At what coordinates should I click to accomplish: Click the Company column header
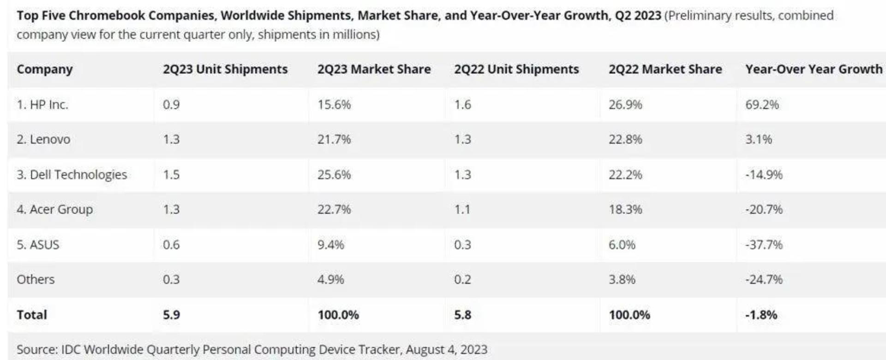[45, 69]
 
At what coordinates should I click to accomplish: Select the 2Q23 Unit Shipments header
[225, 69]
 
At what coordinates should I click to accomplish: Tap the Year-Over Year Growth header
[814, 69]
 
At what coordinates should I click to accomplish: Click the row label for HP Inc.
[42, 105]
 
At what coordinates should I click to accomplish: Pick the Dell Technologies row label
[72, 175]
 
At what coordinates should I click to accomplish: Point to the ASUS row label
[38, 245]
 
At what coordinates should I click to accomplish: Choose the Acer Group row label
[55, 210]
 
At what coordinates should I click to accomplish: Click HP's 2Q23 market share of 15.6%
[334, 105]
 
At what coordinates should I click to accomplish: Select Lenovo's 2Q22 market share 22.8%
[625, 139]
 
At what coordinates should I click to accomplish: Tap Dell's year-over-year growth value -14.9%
[764, 175]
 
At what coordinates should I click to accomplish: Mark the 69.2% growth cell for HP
[762, 105]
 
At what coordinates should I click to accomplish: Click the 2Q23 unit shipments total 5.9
[171, 315]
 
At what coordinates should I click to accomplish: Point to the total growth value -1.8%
[761, 315]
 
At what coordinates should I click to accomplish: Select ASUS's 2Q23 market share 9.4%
[331, 245]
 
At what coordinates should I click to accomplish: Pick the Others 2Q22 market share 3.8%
[622, 280]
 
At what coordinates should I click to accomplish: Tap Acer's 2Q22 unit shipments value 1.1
[462, 210]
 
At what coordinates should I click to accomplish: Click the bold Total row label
[32, 315]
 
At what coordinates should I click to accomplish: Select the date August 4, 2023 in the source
[447, 350]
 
